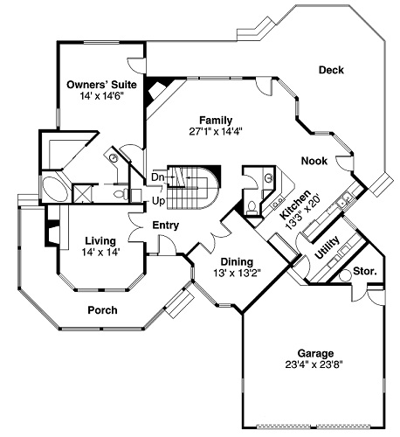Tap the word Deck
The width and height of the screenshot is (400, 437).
(332, 70)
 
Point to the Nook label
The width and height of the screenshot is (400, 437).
(314, 161)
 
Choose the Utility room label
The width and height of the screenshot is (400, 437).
(325, 253)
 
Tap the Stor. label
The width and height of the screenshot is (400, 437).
(364, 272)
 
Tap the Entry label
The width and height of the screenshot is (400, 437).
(165, 225)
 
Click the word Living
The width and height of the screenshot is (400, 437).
(101, 240)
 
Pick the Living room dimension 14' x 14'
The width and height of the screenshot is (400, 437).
(101, 252)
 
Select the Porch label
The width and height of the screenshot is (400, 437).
(102, 309)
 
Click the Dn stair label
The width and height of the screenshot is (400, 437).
(157, 178)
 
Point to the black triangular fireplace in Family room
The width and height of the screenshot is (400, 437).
(158, 89)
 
